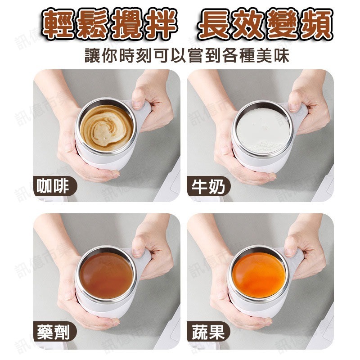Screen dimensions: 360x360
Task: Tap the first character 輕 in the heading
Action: click(x=58, y=25)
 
